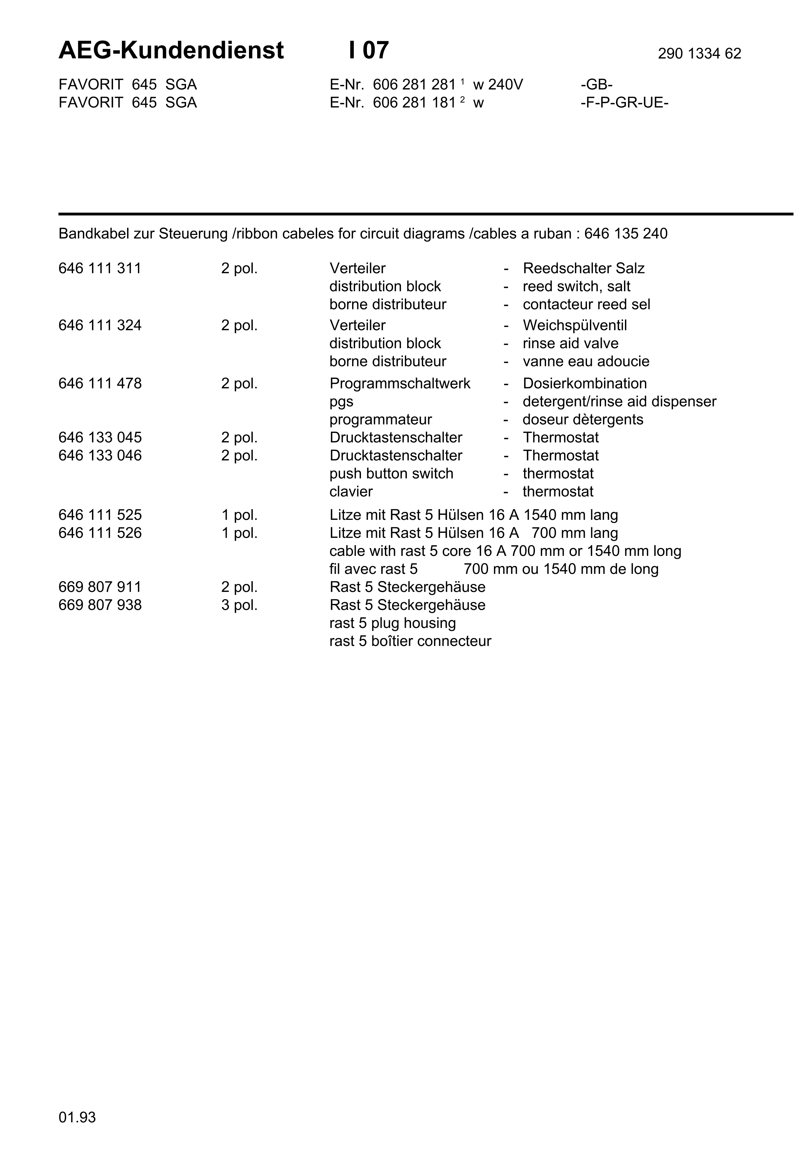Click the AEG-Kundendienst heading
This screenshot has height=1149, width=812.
pos(171,50)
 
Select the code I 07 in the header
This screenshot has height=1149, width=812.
pos(369,50)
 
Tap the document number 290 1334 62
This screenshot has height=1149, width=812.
pos(699,53)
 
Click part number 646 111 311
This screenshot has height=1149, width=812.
pos(100,268)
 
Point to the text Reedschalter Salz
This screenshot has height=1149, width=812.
pos(583,268)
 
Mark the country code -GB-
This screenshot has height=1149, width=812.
pos(596,85)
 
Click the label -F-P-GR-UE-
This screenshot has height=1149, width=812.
pos(624,103)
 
